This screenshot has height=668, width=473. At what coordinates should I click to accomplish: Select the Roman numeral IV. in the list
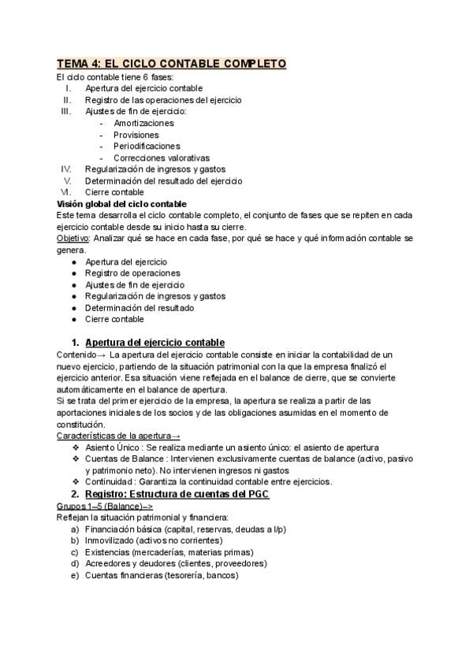coord(66,169)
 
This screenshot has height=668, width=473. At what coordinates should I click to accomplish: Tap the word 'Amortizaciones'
coord(143,123)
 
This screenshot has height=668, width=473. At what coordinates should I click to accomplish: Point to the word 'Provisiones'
coord(136,135)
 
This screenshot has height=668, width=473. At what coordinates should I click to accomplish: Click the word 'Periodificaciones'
coord(147,146)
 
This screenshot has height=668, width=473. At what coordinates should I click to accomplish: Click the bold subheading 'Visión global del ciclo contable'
coord(121,203)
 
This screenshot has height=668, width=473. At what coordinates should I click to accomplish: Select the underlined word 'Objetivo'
coord(73,238)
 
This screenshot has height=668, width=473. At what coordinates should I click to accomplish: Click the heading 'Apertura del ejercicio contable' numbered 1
coord(155,342)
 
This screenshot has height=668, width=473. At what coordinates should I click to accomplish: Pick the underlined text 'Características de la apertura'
coord(114,436)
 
